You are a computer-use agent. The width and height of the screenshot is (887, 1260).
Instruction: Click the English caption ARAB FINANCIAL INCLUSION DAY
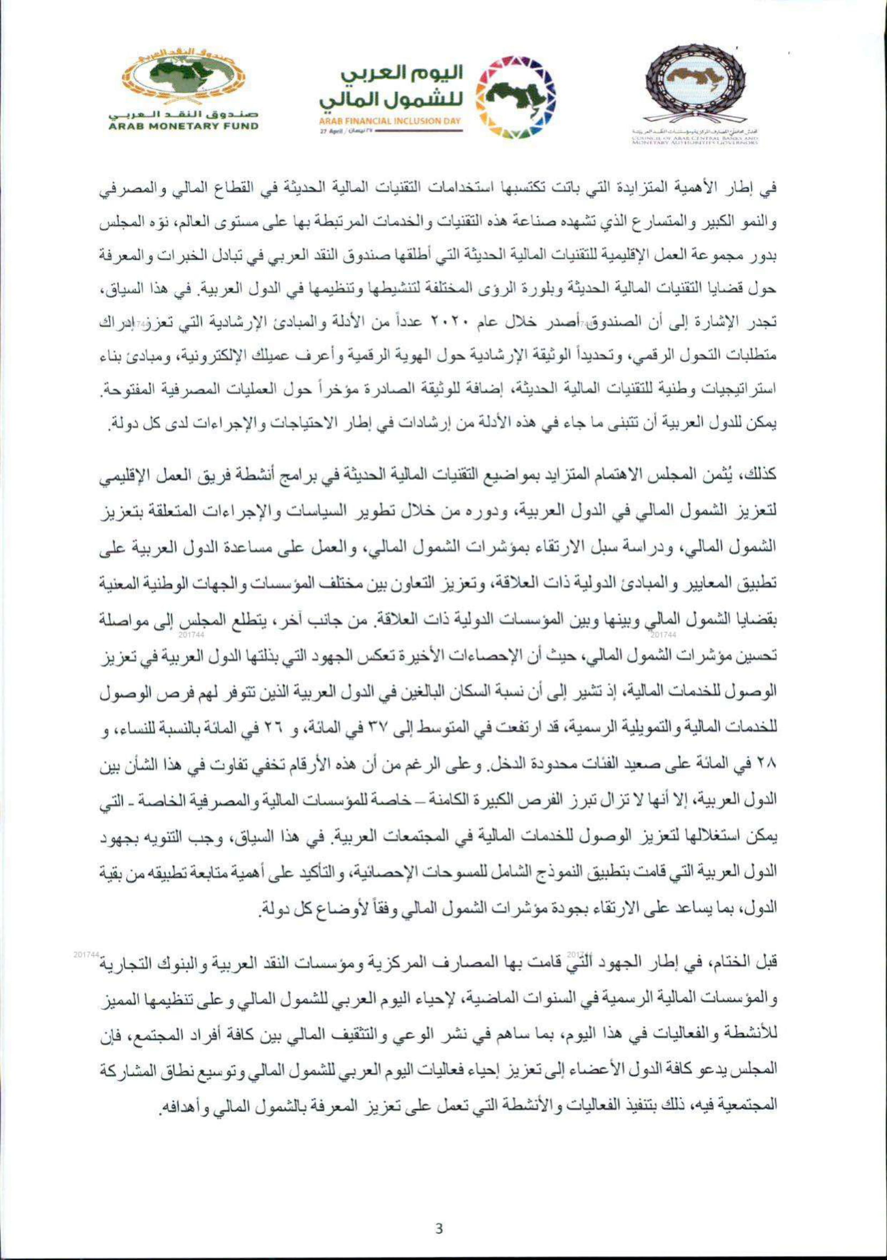tap(391, 121)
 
